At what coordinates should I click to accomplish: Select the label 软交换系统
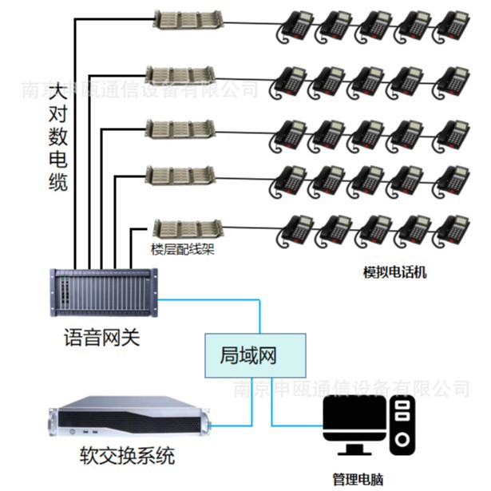pos(127,457)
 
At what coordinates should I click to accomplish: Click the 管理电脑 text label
pos(358,480)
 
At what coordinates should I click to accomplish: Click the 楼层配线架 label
pos(183,248)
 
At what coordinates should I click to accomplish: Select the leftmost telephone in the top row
pos(293,27)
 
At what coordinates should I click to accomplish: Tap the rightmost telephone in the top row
pos(452,27)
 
